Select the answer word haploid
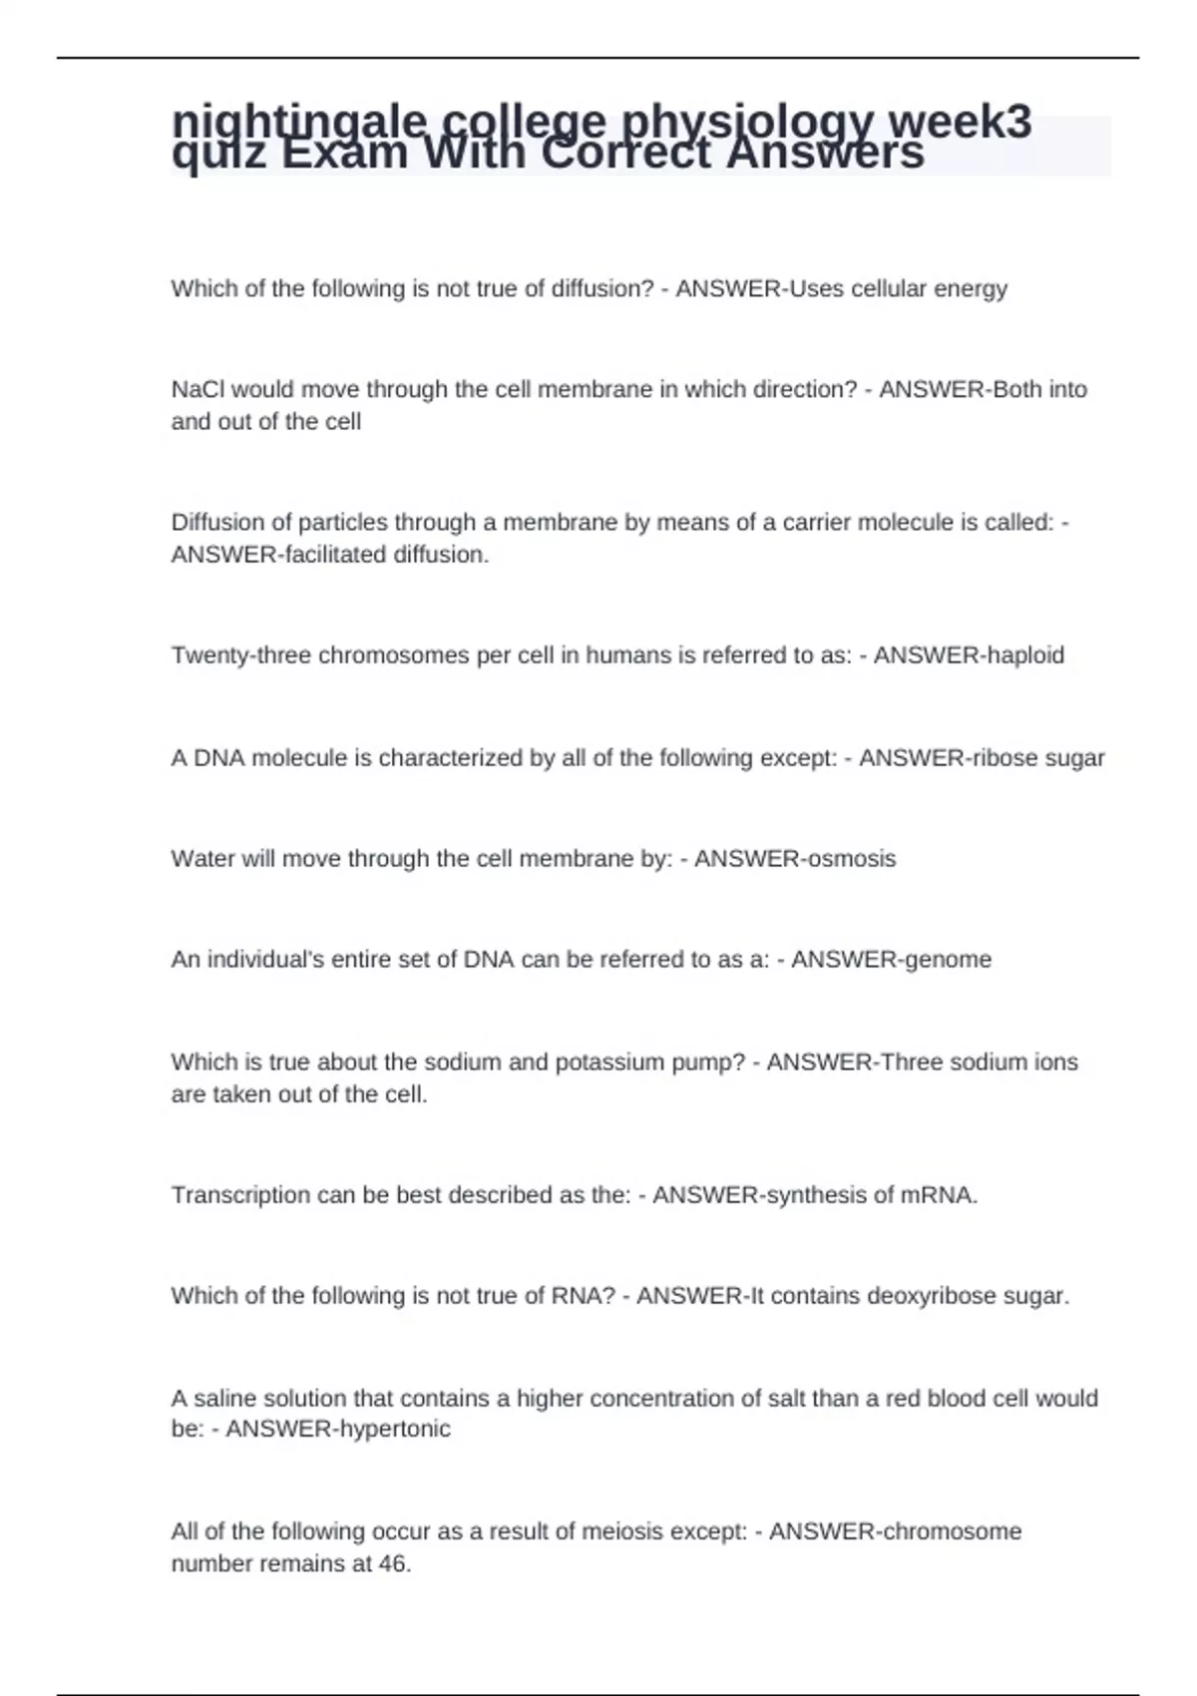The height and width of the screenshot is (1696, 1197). (x=1025, y=655)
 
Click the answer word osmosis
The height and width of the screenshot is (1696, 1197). (x=851, y=859)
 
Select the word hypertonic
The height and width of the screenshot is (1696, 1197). (x=395, y=1429)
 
